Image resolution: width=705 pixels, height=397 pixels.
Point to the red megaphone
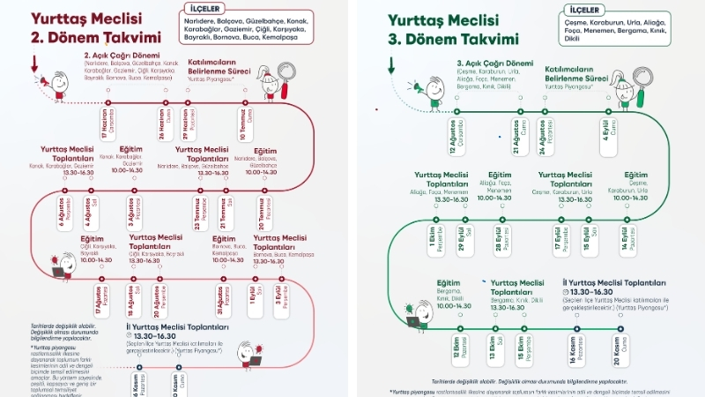point(42,81)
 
